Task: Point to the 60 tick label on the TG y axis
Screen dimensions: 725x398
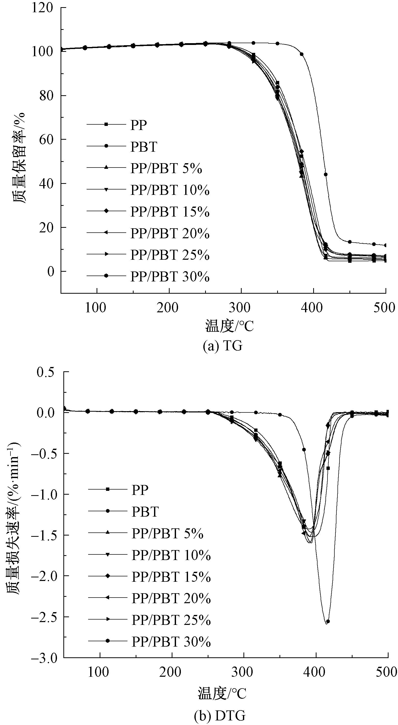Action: click(x=46, y=140)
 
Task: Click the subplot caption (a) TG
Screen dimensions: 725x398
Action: click(x=222, y=346)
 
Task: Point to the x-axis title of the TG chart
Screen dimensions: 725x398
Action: click(x=229, y=326)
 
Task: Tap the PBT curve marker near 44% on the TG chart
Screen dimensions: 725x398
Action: click(x=326, y=174)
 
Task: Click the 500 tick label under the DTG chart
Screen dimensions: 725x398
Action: click(x=386, y=672)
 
